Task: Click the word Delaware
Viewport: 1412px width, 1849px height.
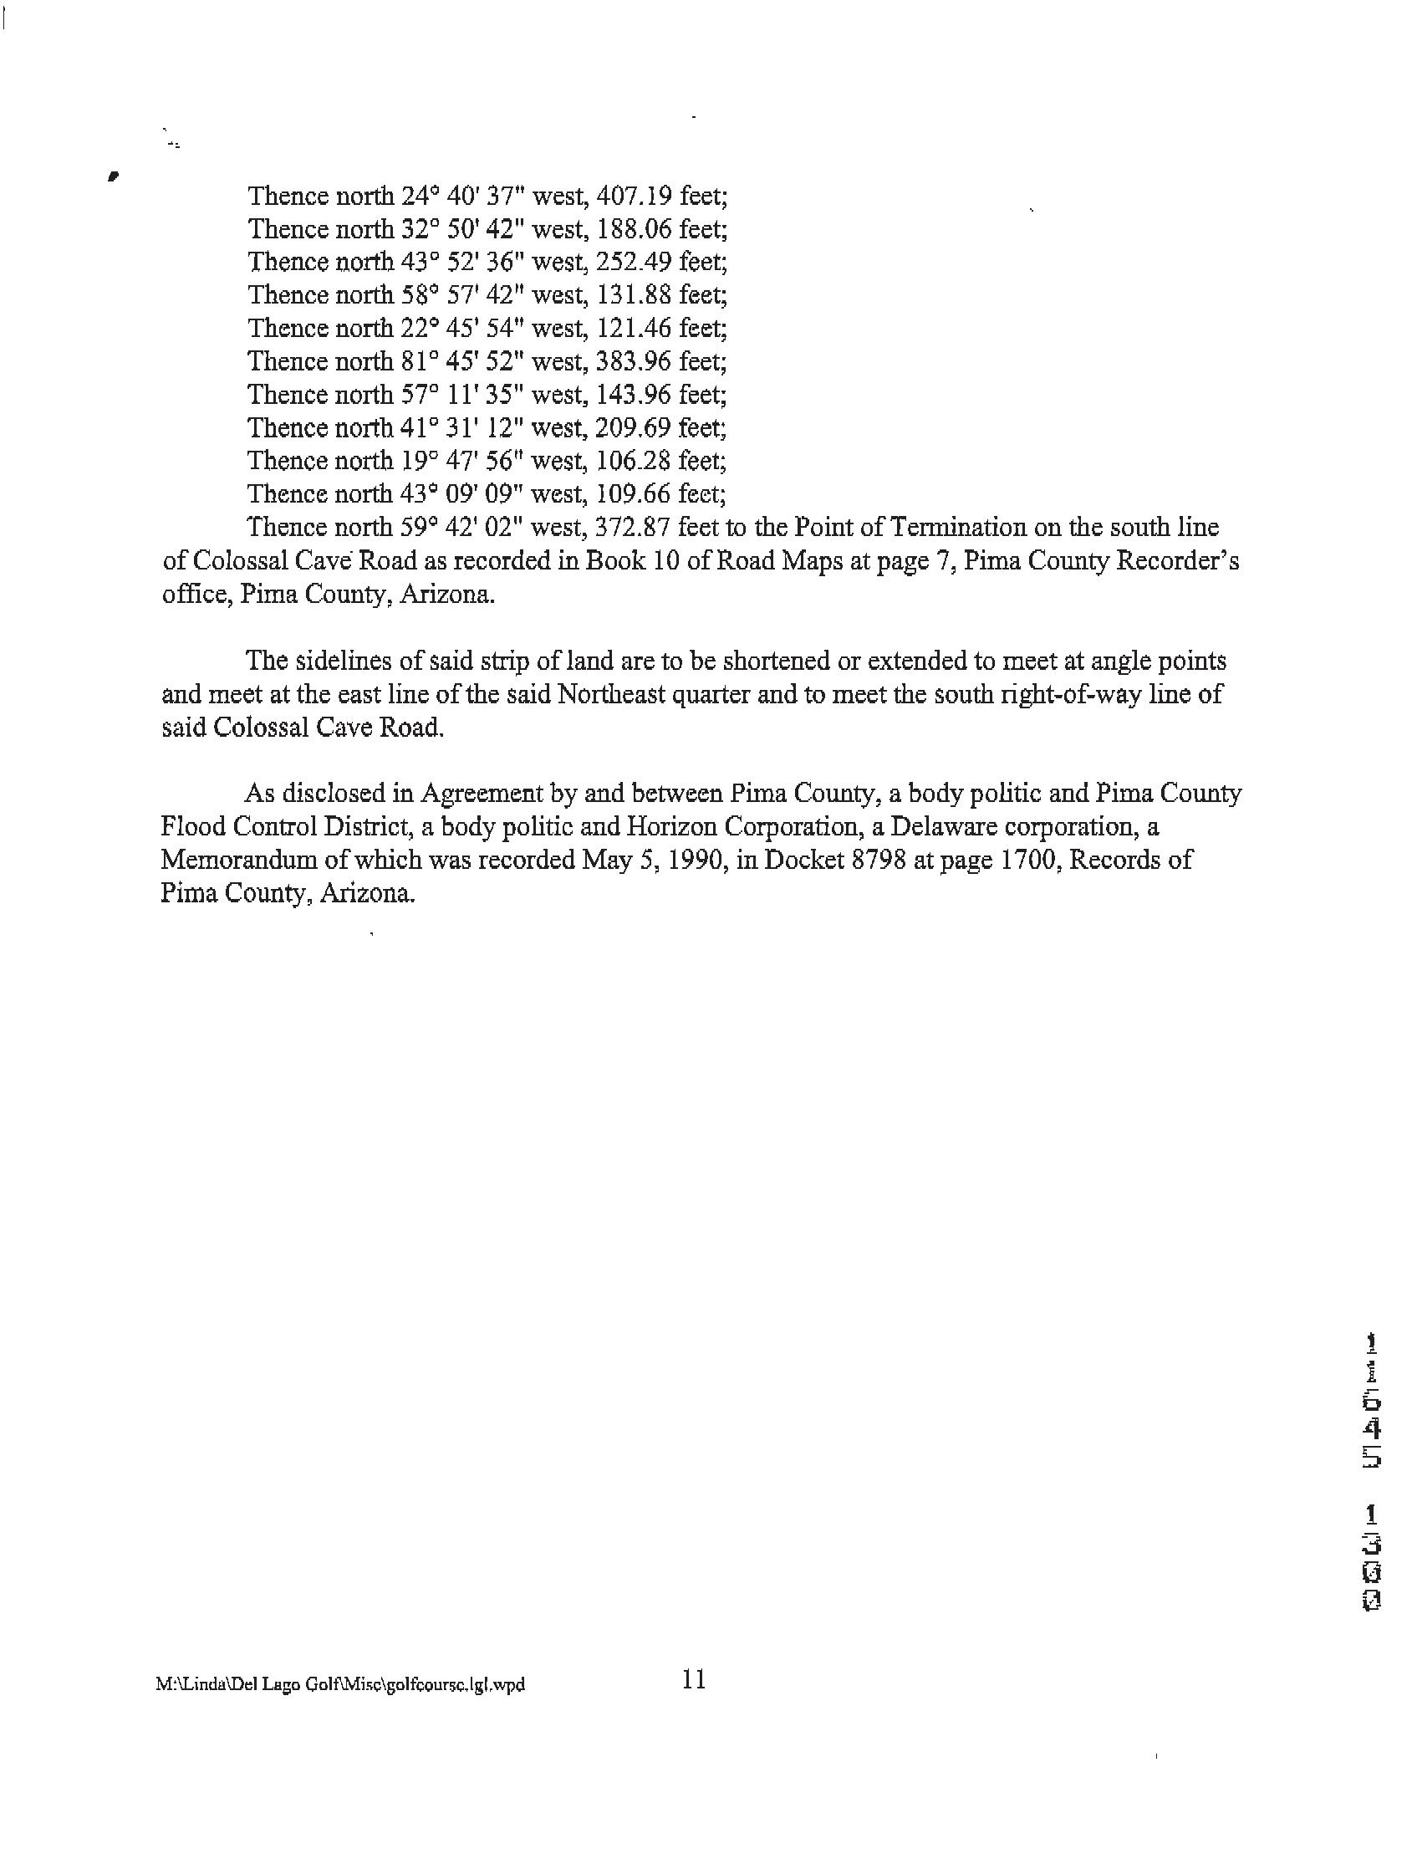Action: coord(941,827)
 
